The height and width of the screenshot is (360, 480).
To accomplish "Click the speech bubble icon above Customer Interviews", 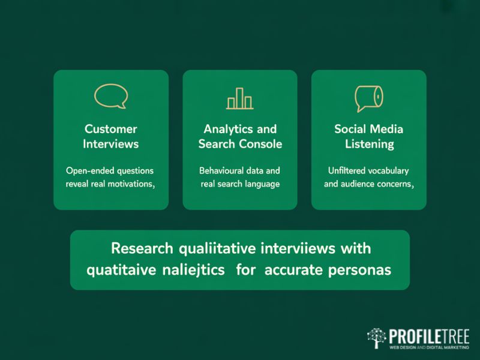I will coord(111,97).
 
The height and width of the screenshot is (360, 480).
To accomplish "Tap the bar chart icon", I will coord(239,98).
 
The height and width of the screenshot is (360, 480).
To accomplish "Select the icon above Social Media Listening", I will coord(368,98).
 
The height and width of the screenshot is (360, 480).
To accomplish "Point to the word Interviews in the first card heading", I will coord(111,144).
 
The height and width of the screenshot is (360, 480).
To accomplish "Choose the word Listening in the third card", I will coord(369,144).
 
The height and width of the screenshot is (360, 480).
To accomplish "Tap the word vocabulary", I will coord(390,170).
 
